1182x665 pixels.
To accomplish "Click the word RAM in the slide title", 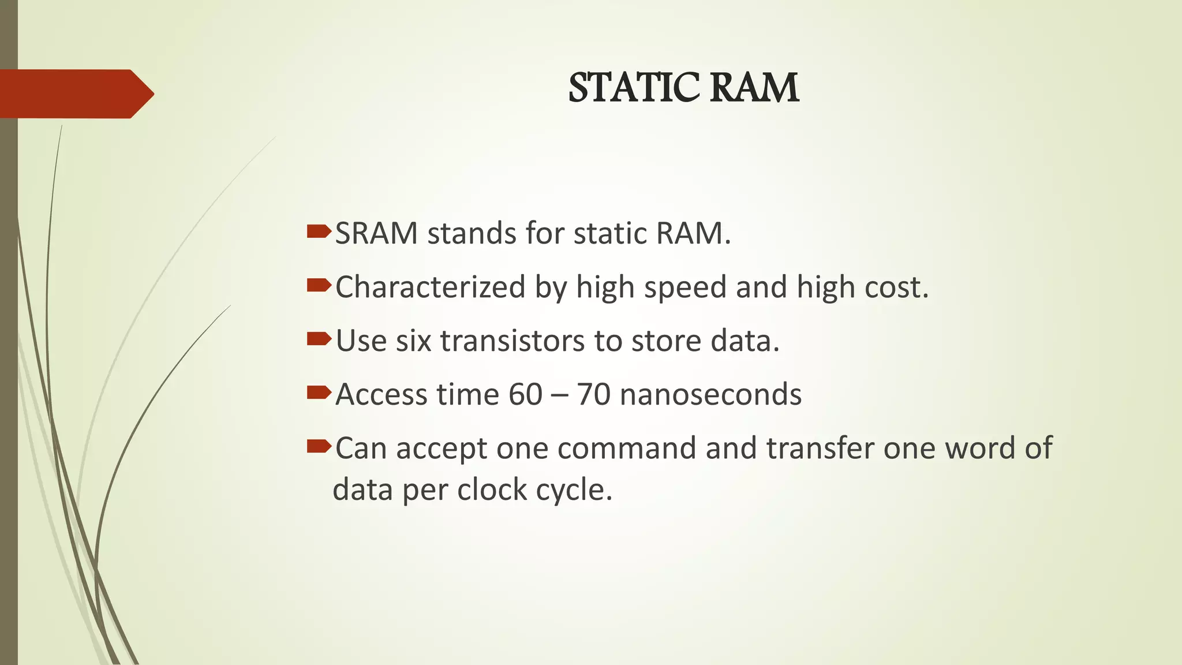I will [754, 88].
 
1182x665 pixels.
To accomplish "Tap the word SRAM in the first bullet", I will [376, 234].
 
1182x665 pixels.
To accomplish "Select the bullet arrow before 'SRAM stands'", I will [319, 232].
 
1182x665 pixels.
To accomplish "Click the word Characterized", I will [430, 287].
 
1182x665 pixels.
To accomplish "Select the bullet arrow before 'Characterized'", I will [319, 285].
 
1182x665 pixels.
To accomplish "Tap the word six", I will [413, 341].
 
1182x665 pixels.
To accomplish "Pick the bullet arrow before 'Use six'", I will [319, 339].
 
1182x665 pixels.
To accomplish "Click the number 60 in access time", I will [525, 395].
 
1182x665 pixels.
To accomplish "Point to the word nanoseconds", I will [710, 395].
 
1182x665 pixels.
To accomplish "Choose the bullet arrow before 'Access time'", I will [319, 393].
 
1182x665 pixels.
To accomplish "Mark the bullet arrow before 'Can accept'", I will [319, 446].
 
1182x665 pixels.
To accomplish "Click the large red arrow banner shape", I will [75, 94].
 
